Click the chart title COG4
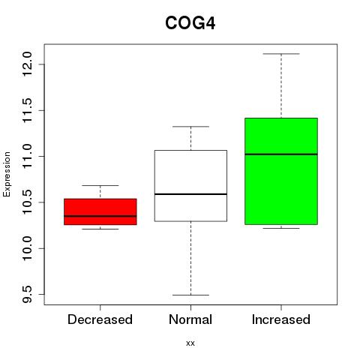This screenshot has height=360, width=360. click(190, 23)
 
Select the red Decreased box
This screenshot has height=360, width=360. click(100, 211)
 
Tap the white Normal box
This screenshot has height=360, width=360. click(190, 186)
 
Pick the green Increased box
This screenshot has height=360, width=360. click(281, 171)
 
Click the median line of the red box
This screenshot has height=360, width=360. click(100, 216)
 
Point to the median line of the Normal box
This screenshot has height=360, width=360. click(190, 194)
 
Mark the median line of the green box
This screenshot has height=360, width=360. click(281, 154)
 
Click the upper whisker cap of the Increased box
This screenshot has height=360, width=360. click(281, 54)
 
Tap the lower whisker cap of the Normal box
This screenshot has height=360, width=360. click(190, 295)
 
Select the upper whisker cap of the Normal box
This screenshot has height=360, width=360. click(190, 127)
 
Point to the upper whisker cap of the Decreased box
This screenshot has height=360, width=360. click(100, 185)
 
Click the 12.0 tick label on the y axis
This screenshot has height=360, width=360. click(27, 64)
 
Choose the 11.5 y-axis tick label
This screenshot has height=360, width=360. click(27, 110)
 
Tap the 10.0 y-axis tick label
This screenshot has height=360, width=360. click(27, 248)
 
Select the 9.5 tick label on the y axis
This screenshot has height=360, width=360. click(27, 295)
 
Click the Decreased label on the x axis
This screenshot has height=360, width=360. click(100, 319)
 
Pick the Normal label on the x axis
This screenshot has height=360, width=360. click(190, 319)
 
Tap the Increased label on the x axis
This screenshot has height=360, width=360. click(281, 319)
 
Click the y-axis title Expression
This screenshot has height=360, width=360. click(7, 174)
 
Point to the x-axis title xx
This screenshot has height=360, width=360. click(190, 343)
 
